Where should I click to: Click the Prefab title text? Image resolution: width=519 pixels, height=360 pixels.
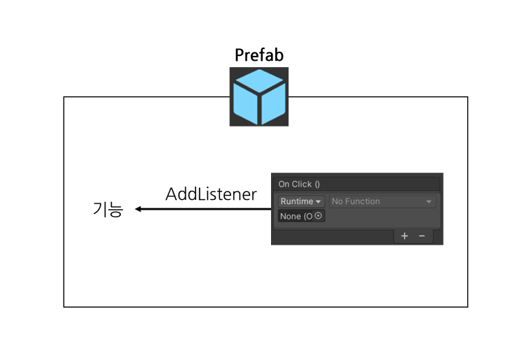pyautogui.click(x=259, y=55)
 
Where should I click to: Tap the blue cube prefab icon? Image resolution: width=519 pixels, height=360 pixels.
pyautogui.click(x=259, y=96)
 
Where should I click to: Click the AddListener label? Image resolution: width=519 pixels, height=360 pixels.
pyautogui.click(x=211, y=194)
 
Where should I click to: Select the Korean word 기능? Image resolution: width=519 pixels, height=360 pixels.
pyautogui.click(x=108, y=210)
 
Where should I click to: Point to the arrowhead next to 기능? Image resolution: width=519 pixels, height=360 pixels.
pyautogui.click(x=138, y=209)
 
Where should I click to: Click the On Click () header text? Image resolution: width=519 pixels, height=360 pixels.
pyautogui.click(x=299, y=184)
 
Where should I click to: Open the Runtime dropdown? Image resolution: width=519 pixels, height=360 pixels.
pyautogui.click(x=301, y=201)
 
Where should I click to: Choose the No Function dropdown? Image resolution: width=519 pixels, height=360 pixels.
pyautogui.click(x=382, y=201)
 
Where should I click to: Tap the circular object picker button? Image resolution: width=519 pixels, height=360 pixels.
pyautogui.click(x=318, y=216)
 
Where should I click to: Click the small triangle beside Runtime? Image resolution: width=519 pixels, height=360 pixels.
pyautogui.click(x=318, y=202)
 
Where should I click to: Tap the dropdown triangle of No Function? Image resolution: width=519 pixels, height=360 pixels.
pyautogui.click(x=429, y=202)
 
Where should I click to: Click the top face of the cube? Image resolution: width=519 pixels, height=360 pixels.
pyautogui.click(x=259, y=81)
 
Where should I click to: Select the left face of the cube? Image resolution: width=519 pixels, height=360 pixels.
pyautogui.click(x=245, y=103)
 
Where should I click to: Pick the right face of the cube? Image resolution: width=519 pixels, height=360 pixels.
pyautogui.click(x=273, y=103)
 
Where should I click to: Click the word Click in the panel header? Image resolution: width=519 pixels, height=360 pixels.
pyautogui.click(x=301, y=184)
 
